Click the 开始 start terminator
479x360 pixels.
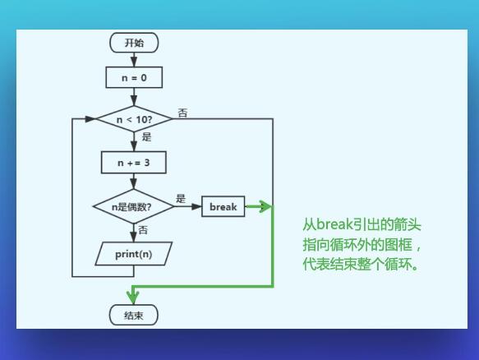(x=134, y=43)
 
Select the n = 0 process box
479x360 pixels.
(x=134, y=77)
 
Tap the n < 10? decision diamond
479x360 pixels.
(x=134, y=119)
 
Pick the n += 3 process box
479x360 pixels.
(x=134, y=163)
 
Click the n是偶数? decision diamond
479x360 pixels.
(x=134, y=207)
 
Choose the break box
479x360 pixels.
(x=223, y=207)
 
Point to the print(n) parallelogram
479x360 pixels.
(x=134, y=253)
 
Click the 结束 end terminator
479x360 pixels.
(x=134, y=315)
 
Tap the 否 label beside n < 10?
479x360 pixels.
(x=182, y=113)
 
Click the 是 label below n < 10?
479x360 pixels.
(x=146, y=137)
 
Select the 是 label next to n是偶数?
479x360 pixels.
(x=181, y=198)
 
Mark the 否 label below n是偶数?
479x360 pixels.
(x=143, y=229)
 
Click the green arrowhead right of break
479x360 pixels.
(x=264, y=207)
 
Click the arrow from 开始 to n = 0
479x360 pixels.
(x=134, y=59)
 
